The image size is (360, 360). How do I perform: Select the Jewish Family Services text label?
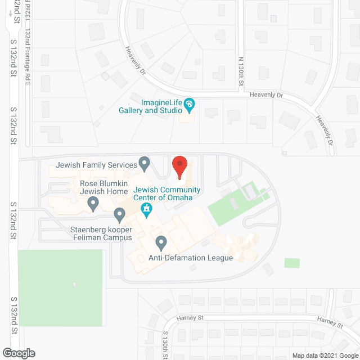[x=97, y=165]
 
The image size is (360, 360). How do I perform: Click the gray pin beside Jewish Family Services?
[x=145, y=164]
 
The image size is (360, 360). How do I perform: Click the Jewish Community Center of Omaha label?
[x=163, y=193]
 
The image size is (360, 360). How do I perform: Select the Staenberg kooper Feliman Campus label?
[x=101, y=233]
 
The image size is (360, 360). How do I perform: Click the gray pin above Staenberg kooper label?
[x=119, y=214]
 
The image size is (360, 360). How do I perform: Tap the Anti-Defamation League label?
[x=191, y=258]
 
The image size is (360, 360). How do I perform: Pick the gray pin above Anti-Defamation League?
[x=161, y=243]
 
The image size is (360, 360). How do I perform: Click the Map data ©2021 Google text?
[x=324, y=355]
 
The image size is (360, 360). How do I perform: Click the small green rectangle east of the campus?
[x=292, y=263]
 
